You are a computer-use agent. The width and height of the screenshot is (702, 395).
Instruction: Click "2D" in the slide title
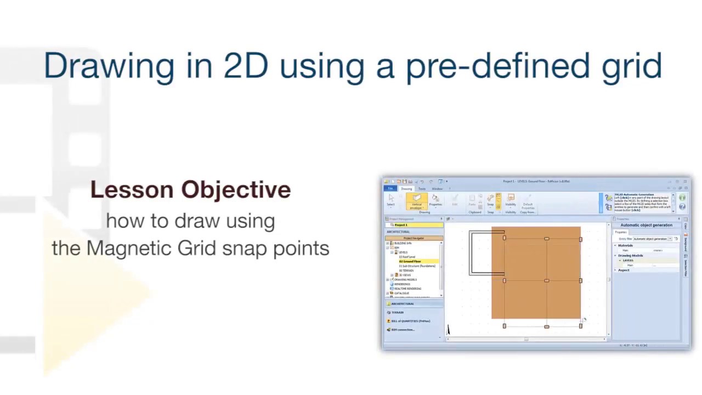(245, 66)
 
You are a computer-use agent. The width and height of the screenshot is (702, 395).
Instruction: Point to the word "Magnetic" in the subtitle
(128, 248)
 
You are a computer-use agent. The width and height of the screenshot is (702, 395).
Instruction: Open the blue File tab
(390, 189)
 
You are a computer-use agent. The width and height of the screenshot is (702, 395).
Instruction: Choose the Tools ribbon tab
(422, 189)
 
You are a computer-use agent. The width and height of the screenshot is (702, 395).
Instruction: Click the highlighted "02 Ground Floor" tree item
(410, 262)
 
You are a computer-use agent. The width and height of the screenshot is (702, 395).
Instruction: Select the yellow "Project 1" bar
(414, 225)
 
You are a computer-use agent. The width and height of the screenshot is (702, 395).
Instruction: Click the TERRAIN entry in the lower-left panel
(398, 312)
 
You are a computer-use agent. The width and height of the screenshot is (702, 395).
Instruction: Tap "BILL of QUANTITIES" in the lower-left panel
(410, 321)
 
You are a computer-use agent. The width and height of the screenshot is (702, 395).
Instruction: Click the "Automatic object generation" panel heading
(646, 225)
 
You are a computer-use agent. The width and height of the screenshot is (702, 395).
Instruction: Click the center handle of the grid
(546, 281)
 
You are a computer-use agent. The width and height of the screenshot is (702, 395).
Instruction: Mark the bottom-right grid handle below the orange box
(580, 326)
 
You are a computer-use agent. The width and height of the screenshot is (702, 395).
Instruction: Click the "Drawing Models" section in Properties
(631, 256)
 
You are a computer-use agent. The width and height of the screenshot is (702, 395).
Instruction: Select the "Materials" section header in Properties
(625, 245)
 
